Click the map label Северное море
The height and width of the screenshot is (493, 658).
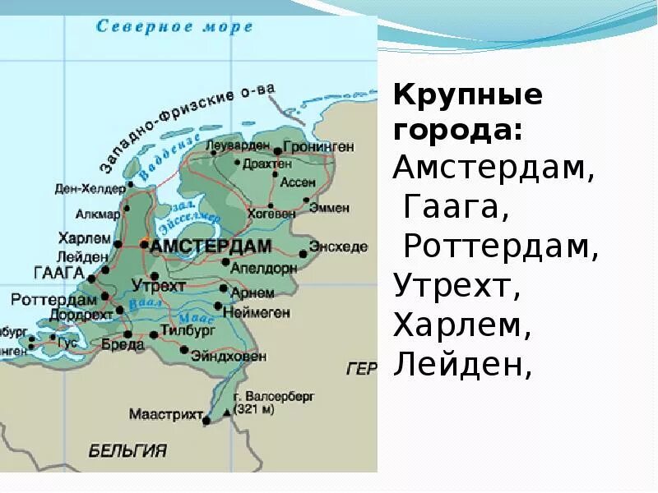tap(174, 27)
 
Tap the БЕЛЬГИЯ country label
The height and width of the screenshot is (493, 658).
tap(127, 450)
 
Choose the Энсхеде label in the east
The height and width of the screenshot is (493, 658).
tap(338, 246)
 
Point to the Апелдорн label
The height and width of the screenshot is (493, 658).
tap(263, 267)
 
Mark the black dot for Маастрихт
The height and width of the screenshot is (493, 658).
tap(206, 421)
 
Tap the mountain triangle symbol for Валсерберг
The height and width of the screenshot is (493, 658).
tap(227, 411)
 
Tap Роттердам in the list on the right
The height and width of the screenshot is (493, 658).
tap(501, 247)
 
